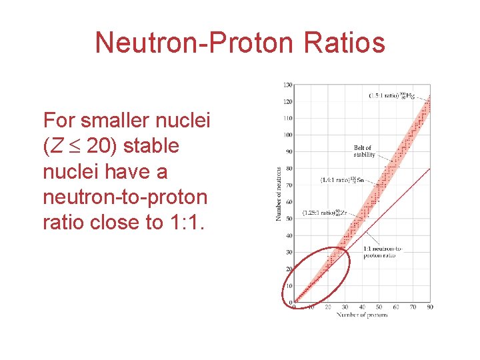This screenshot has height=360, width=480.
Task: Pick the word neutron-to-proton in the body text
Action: [x=125, y=197]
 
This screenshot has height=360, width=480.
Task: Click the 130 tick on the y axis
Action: [x=287, y=85]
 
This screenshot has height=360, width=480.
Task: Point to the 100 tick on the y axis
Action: [x=287, y=135]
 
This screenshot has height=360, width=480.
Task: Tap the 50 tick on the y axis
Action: [x=289, y=219]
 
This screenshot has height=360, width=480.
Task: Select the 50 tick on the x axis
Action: [x=379, y=307]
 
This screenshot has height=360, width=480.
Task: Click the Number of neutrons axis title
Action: [x=279, y=193]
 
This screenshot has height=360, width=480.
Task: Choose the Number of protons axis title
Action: [x=361, y=314]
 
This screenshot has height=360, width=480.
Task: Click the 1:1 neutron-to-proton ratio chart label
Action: [x=383, y=252]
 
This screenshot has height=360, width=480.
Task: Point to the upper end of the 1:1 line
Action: [x=429, y=169]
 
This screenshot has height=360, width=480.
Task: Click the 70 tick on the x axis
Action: [x=413, y=307]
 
